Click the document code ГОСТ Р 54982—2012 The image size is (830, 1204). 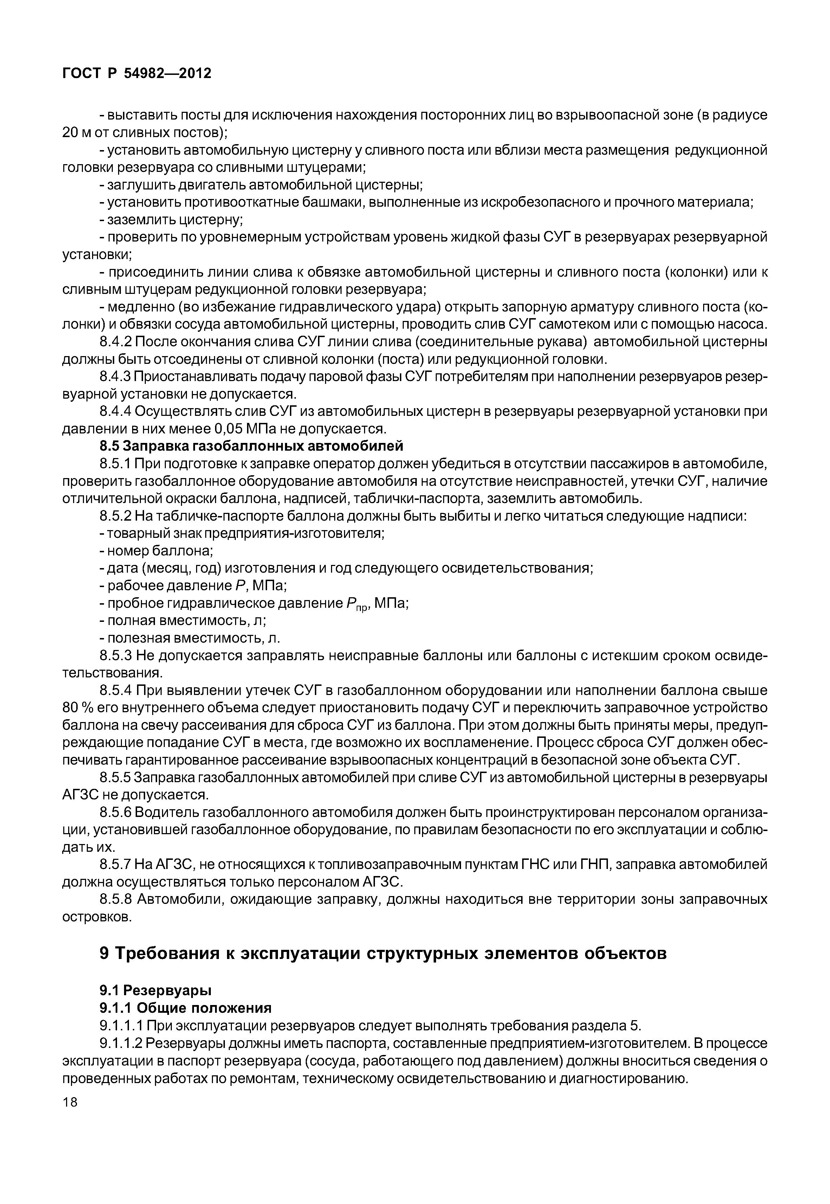point(137,74)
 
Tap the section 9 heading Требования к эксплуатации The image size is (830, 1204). point(382,954)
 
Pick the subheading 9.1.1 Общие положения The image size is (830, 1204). point(185,1008)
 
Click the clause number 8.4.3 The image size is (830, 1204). point(116,377)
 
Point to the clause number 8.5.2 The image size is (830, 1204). point(116,516)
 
